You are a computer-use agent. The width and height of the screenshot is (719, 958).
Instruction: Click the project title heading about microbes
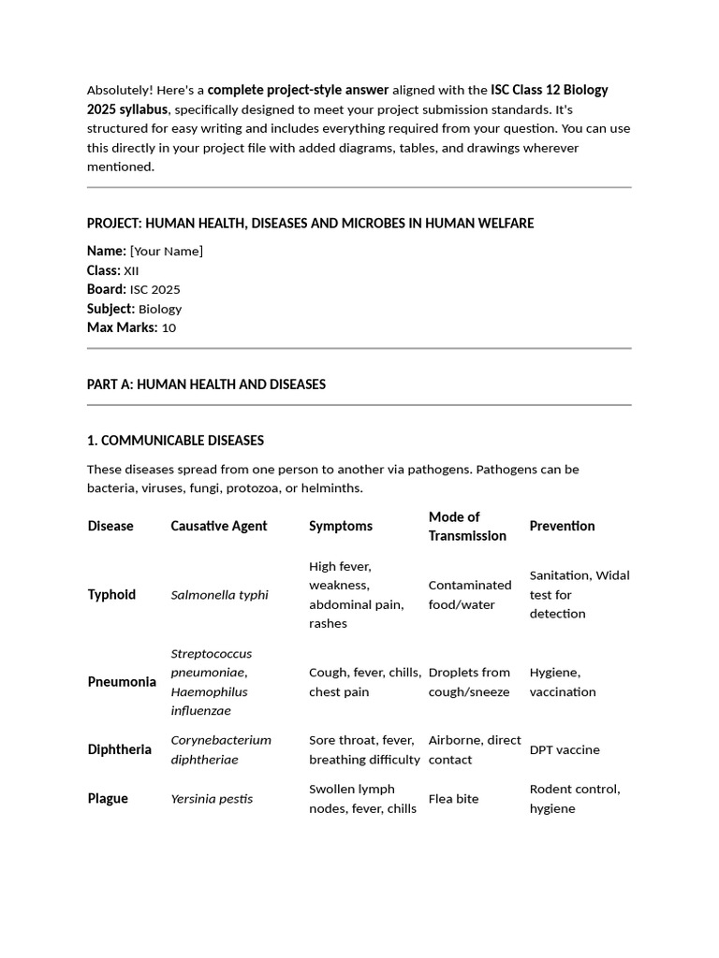(310, 223)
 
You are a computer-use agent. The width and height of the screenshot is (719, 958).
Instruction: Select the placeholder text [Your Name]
(166, 251)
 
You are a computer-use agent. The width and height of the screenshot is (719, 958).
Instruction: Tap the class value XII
(131, 270)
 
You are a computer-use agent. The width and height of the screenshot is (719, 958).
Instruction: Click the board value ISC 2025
(154, 289)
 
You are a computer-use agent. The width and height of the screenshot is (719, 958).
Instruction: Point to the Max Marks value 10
(169, 327)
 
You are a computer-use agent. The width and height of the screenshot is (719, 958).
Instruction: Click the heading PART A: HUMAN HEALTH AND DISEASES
(206, 385)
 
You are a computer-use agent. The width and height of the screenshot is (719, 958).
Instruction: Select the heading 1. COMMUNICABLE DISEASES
(175, 441)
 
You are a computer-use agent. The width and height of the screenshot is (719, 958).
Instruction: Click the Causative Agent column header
(218, 526)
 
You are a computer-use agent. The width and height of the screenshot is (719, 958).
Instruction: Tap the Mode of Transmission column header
(467, 526)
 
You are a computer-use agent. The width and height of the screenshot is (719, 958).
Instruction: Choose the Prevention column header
(562, 526)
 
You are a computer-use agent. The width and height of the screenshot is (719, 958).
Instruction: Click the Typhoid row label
(111, 595)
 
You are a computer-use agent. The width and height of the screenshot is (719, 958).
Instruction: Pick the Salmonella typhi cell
(219, 595)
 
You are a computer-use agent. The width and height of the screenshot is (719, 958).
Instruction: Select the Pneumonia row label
(122, 682)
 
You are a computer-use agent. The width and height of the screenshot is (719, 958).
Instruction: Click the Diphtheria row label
(119, 749)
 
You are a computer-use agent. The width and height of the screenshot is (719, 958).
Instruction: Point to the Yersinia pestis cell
(212, 799)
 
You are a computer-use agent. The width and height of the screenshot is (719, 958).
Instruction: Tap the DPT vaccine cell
(565, 749)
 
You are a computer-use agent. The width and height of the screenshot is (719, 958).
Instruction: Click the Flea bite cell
(453, 799)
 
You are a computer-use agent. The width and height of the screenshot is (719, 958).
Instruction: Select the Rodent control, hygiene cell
(574, 799)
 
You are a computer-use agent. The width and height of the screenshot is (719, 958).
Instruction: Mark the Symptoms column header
(341, 526)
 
